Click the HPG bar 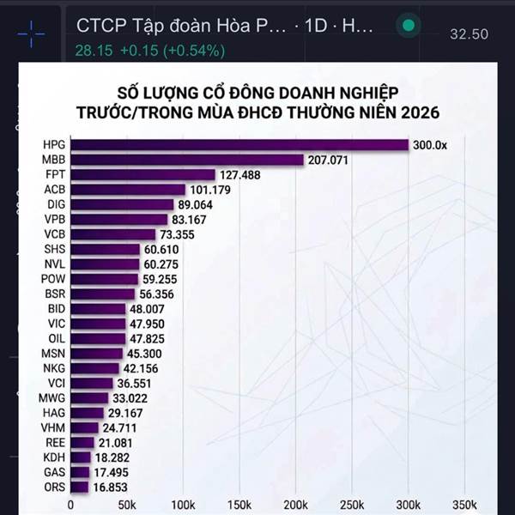(x=239, y=145)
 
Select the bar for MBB (x=187, y=160)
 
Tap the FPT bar (x=142, y=175)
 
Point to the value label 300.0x (x=430, y=145)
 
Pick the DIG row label (x=53, y=204)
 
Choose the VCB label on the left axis (x=53, y=234)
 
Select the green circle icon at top (x=409, y=26)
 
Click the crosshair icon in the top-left (x=31, y=33)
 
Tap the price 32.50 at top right (x=470, y=34)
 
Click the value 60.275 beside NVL (x=161, y=264)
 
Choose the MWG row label (x=53, y=397)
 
